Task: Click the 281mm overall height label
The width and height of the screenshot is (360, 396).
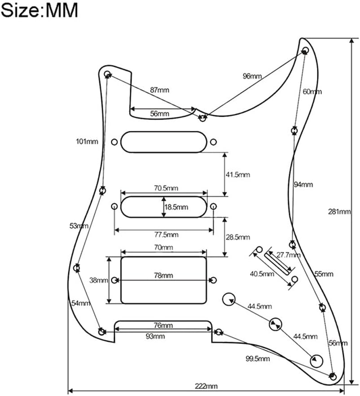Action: click(x=339, y=211)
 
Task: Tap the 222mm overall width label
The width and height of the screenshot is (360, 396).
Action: click(x=206, y=386)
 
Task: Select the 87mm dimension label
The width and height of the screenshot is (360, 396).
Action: click(x=159, y=90)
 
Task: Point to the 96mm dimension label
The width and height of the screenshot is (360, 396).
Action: click(x=252, y=76)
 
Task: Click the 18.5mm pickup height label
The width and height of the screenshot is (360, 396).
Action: click(x=176, y=207)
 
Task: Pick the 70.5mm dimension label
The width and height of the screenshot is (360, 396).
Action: click(x=166, y=188)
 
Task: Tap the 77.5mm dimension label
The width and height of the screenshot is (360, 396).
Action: click(x=167, y=235)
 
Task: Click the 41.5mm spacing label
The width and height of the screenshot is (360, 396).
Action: click(x=238, y=175)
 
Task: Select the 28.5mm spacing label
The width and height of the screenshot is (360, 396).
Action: click(x=238, y=237)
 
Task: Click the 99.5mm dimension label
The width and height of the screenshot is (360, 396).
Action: click(x=258, y=359)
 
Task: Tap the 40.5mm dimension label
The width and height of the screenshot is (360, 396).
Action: click(x=262, y=274)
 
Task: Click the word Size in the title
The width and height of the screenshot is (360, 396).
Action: click(x=19, y=11)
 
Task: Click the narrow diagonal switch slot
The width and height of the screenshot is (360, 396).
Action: click(x=278, y=264)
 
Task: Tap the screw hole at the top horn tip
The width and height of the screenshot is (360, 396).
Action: click(x=305, y=49)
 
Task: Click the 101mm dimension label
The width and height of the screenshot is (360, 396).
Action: click(x=87, y=141)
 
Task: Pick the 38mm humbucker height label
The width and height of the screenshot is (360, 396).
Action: click(x=99, y=280)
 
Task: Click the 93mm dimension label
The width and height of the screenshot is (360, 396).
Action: click(x=155, y=336)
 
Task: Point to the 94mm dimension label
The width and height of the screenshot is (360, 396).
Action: click(x=303, y=185)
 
